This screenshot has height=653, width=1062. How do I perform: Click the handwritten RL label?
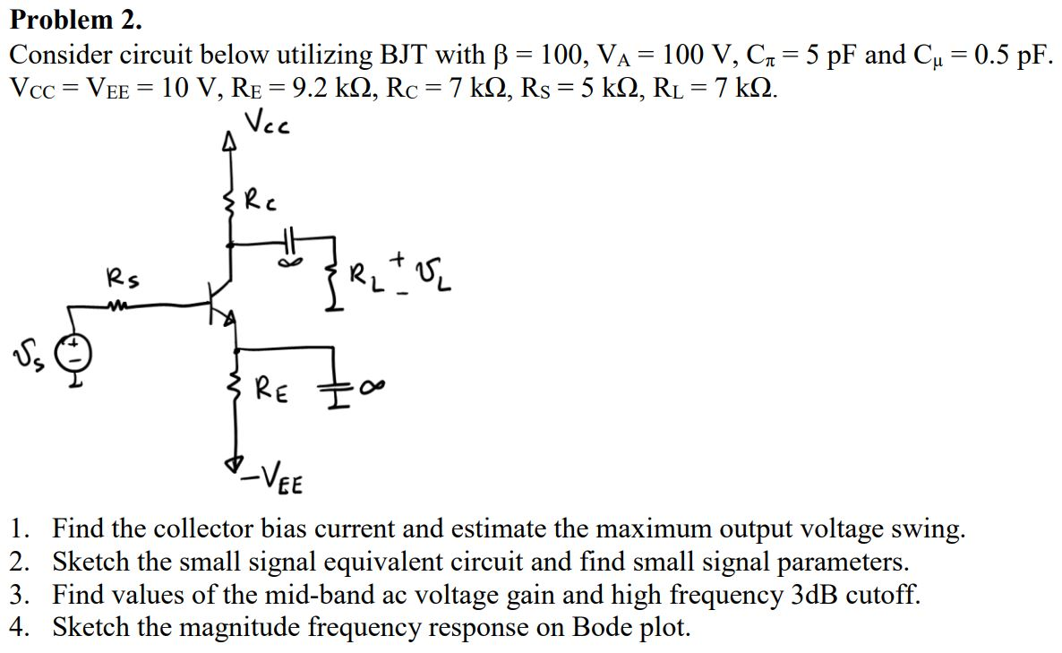365,274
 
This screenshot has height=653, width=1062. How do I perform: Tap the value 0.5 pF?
1011,55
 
